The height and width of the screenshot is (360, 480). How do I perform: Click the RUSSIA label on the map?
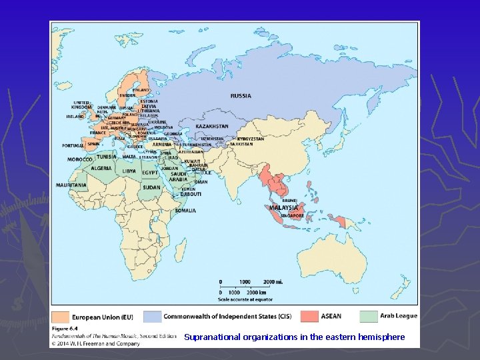tap(241, 95)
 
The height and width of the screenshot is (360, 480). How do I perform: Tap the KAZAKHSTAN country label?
tap(213, 126)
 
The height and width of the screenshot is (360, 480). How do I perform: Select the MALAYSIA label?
tap(283, 207)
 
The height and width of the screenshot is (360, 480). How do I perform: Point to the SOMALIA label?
tap(185, 211)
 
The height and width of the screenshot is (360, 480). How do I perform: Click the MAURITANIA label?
tap(71, 185)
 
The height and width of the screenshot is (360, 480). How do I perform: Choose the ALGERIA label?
tap(101, 169)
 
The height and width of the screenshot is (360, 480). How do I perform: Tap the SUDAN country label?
tap(151, 187)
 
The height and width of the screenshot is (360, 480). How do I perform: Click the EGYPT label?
tap(150, 173)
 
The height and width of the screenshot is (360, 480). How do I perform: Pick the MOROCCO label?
tap(80, 159)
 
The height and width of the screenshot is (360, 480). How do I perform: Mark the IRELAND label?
tap(75, 116)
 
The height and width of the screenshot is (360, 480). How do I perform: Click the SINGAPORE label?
tap(291, 216)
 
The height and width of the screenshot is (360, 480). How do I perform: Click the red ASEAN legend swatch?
tap(309, 316)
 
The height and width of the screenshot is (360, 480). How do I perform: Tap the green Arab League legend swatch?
tap(369, 316)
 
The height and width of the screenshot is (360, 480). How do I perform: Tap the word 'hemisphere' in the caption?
tap(381, 337)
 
